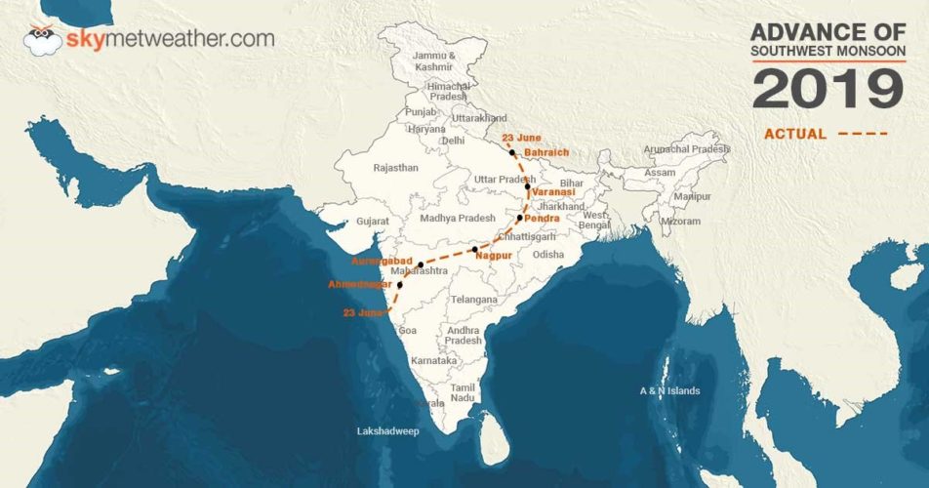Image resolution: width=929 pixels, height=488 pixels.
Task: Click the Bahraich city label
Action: [545, 154]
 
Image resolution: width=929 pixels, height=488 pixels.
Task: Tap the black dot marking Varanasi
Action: [527, 186]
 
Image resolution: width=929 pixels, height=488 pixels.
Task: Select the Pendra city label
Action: [542, 219]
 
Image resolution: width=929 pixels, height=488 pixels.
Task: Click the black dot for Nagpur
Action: [474, 251]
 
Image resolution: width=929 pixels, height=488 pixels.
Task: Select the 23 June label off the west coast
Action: [363, 312]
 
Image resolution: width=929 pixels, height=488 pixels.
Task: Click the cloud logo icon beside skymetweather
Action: [41, 40]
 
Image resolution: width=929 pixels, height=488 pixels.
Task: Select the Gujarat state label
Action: [373, 222]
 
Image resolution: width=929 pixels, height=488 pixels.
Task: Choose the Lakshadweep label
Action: [388, 429]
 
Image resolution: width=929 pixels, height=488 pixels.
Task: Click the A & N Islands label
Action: [669, 391]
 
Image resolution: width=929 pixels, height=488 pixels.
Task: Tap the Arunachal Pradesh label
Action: [686, 148]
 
